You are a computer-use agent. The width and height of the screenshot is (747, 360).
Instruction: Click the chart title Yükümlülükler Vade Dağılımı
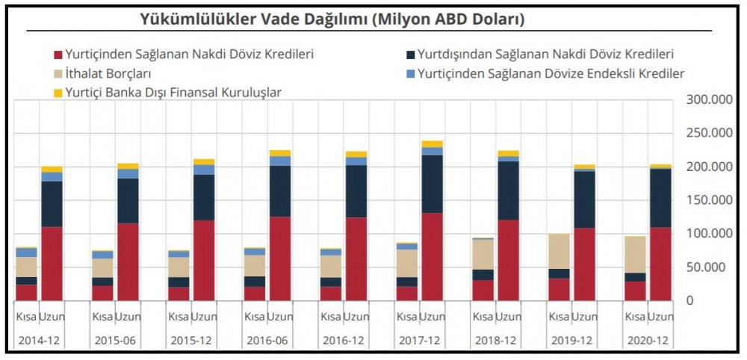[332, 20]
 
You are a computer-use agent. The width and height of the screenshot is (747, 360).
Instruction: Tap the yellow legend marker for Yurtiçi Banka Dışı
[58, 93]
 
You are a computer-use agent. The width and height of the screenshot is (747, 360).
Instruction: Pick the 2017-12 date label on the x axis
[420, 341]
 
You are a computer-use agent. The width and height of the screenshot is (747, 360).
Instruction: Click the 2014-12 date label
[40, 341]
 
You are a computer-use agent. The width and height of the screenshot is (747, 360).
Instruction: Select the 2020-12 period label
[648, 341]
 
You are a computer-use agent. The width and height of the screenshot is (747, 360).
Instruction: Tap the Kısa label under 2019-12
[559, 317]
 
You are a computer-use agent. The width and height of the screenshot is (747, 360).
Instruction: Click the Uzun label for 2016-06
[280, 317]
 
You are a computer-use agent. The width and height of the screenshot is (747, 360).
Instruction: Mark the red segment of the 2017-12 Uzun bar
[433, 257]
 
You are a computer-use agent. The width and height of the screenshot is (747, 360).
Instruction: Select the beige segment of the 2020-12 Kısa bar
[635, 254]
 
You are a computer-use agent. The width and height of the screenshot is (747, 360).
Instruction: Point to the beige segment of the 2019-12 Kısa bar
[559, 251]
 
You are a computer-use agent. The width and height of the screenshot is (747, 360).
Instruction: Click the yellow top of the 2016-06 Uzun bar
[280, 153]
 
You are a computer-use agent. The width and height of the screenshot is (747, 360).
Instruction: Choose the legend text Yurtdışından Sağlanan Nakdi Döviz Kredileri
[546, 54]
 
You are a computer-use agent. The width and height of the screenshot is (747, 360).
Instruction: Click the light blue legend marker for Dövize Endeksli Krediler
[410, 73]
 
